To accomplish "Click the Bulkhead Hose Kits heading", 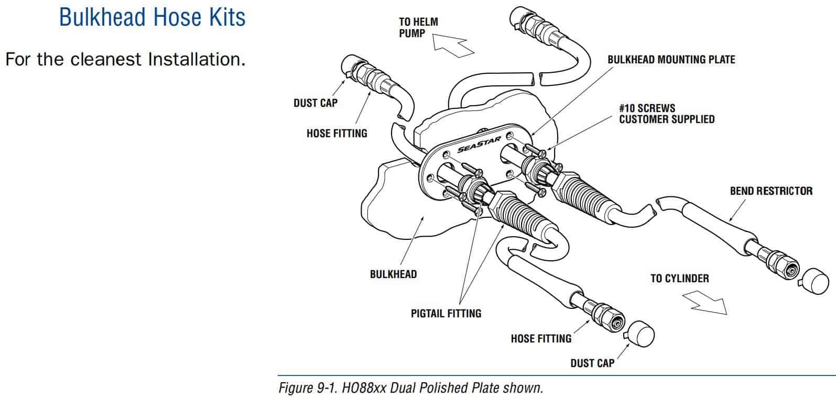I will (152, 17).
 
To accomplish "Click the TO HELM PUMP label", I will (418, 27).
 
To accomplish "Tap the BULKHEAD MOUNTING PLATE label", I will (671, 60).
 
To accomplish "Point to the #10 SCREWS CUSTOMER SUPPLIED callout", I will (666, 114).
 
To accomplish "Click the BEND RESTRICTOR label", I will (771, 191).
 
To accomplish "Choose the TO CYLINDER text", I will (679, 279).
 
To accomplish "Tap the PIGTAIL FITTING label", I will (446, 314).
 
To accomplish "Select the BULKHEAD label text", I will (393, 274).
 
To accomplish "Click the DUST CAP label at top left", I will (315, 103).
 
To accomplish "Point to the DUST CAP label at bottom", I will (592, 363).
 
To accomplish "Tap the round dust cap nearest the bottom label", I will (640, 335).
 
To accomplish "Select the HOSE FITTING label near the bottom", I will (541, 339).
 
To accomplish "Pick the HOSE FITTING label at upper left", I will (336, 134).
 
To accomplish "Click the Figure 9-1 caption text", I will (410, 389).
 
